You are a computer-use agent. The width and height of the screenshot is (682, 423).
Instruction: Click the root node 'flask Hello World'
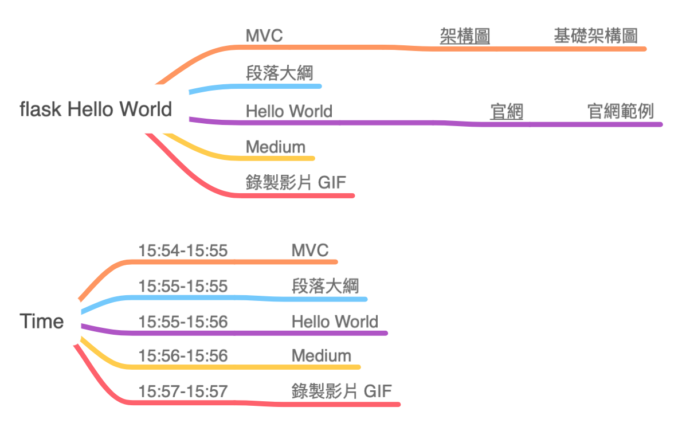(x=96, y=109)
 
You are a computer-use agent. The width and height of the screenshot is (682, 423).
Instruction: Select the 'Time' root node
(x=41, y=322)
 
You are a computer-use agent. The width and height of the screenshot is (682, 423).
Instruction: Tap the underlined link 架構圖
(x=465, y=36)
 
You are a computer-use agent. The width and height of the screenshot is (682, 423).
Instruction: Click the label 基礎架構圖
(x=595, y=36)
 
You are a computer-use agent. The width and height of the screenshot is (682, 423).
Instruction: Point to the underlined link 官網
(x=507, y=111)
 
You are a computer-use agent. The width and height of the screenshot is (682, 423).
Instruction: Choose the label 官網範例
(x=621, y=111)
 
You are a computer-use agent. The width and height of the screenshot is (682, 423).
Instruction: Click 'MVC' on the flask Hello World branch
(x=264, y=36)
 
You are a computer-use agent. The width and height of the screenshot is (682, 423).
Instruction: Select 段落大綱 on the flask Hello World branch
(x=279, y=73)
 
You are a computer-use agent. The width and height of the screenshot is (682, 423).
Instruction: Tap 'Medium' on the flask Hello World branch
(x=276, y=147)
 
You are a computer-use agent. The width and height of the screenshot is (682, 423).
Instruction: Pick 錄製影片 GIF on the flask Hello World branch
(x=296, y=183)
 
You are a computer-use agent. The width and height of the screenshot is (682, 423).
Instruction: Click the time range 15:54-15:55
(x=183, y=250)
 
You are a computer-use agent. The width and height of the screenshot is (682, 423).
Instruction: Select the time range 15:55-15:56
(x=183, y=322)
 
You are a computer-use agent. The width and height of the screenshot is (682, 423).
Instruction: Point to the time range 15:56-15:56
(x=183, y=356)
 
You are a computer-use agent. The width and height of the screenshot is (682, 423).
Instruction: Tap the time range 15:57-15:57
(x=183, y=391)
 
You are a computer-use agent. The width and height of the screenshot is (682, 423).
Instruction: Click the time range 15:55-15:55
(x=183, y=285)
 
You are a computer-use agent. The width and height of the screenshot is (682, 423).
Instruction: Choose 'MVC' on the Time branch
(x=310, y=250)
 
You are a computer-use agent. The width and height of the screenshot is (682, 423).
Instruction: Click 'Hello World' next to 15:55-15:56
(x=335, y=322)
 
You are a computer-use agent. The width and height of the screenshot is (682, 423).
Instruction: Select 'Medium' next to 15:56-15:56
(x=321, y=356)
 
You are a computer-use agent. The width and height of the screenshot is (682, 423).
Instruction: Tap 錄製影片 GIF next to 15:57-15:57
(x=342, y=391)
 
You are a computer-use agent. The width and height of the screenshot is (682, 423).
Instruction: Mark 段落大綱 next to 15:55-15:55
(x=325, y=285)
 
